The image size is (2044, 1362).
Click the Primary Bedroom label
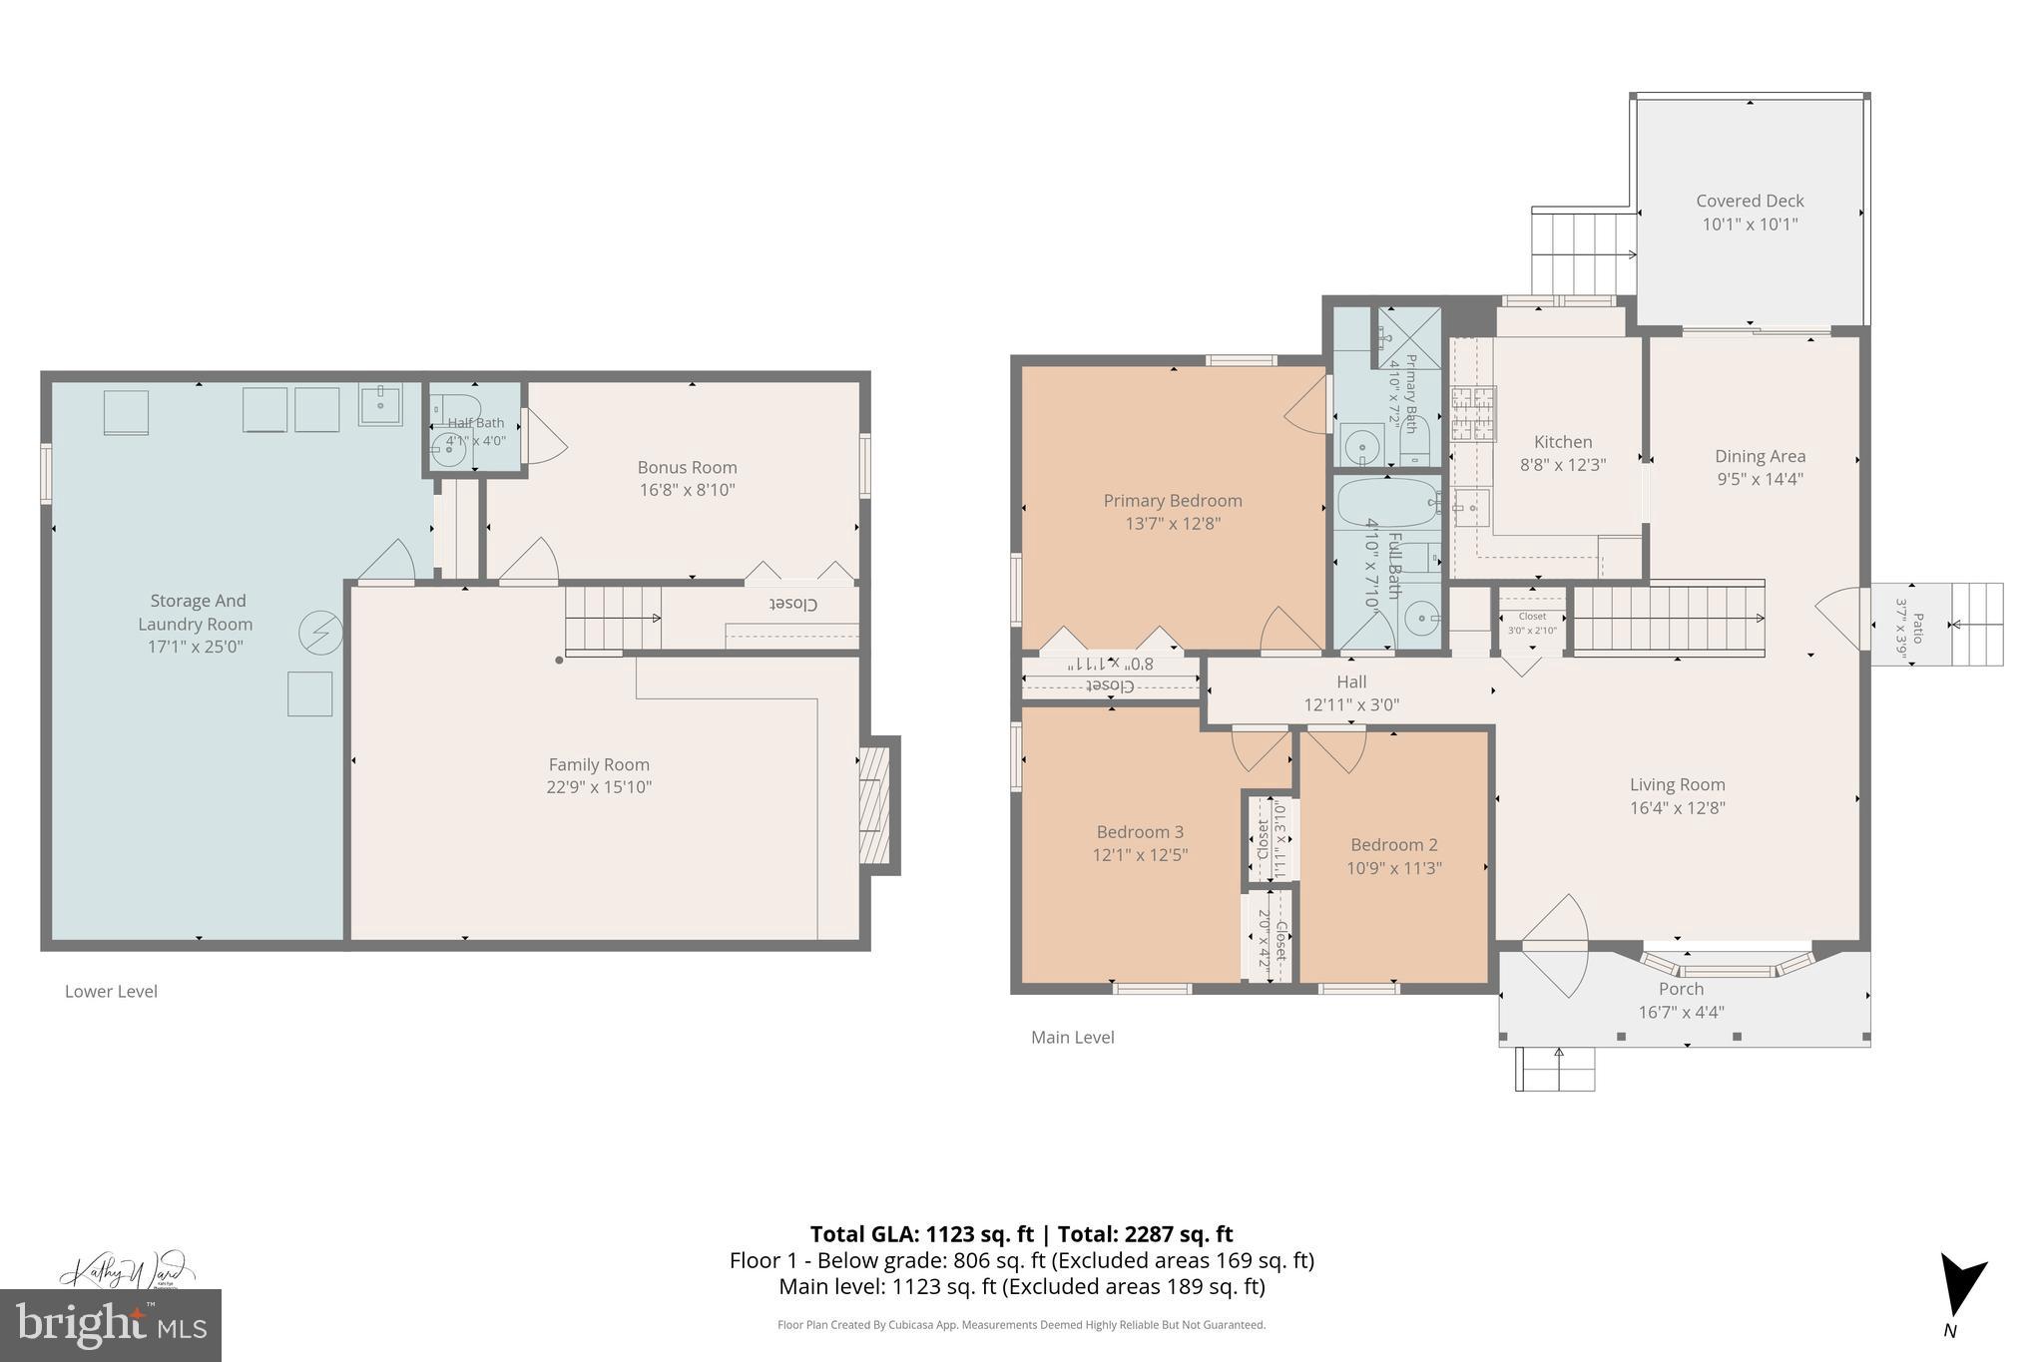[1172, 501]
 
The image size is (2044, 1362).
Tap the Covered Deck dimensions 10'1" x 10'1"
[1750, 225]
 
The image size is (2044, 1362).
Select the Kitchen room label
[1563, 442]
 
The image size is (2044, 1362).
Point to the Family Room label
[599, 764]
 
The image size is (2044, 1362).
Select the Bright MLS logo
[111, 1324]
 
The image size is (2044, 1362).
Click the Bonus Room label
[687, 467]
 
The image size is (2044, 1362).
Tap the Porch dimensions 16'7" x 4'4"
[1681, 1012]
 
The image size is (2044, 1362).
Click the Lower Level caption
[111, 991]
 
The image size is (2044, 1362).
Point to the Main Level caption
[1072, 1037]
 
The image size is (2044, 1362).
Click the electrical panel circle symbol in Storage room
[321, 633]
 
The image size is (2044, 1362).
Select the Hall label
[1351, 681]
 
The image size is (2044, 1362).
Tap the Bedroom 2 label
[1393, 844]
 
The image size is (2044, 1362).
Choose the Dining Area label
[1760, 456]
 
